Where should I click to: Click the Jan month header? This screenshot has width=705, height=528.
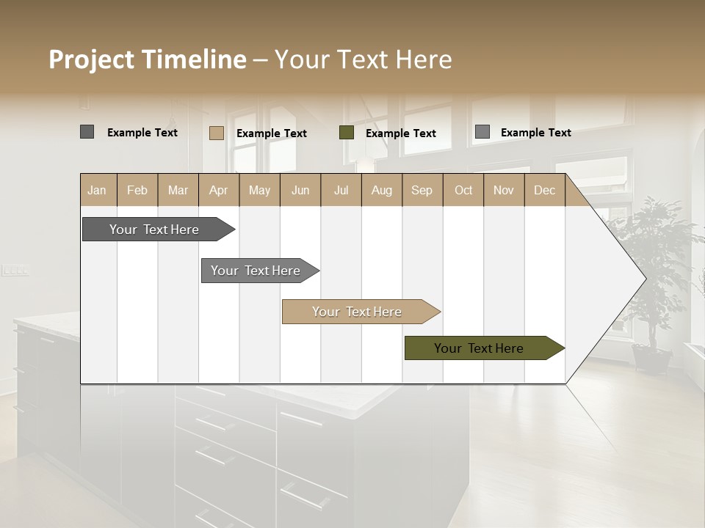tap(97, 190)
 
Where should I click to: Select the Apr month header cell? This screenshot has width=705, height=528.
tap(218, 190)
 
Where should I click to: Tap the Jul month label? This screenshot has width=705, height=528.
tap(341, 190)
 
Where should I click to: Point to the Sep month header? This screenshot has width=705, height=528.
tap(422, 190)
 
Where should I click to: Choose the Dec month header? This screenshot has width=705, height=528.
tap(544, 190)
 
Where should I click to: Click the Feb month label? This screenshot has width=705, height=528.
tap(137, 190)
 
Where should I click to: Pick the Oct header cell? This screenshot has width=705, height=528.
tap(463, 190)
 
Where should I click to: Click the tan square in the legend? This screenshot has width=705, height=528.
tap(216, 133)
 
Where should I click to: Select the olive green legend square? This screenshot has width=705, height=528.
tap(347, 133)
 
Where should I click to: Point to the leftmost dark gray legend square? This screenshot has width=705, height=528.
tap(87, 132)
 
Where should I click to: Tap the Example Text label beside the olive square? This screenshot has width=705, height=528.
tap(400, 133)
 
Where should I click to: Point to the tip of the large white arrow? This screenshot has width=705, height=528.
tap(644, 279)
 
